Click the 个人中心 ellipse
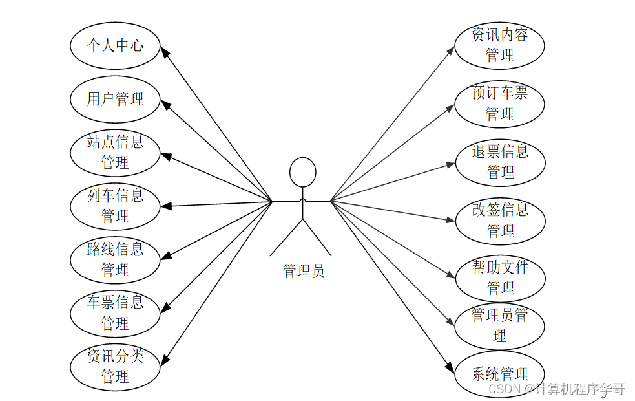tap(115, 46)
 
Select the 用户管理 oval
tap(115, 100)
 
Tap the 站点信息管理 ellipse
tap(115, 153)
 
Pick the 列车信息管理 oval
tap(115, 206)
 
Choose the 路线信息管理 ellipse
tap(115, 259)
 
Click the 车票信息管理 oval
tap(115, 312)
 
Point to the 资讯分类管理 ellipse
tap(115, 366)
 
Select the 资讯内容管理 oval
tap(499, 45)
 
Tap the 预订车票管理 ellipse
tap(499, 103)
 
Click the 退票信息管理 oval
tap(500, 162)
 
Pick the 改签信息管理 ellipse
tap(500, 221)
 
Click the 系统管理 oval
tap(499, 374)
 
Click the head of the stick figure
tap(302, 173)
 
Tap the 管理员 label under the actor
tap(303, 271)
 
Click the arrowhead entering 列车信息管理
tap(165, 206)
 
